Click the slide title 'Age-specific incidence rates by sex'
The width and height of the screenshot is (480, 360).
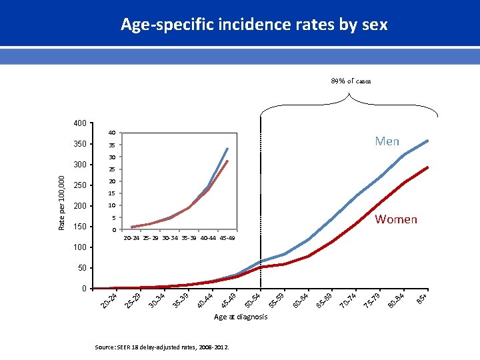254,25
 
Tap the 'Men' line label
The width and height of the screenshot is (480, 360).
387,141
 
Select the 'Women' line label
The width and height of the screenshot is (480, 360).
396,219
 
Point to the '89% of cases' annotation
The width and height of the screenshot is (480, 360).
351,81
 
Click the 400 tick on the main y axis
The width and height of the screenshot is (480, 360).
79,123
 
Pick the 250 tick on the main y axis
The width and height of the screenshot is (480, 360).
79,185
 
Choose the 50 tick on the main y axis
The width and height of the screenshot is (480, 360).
82,268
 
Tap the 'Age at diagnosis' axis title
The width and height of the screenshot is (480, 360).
241,317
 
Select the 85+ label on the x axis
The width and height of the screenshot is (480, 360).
422,299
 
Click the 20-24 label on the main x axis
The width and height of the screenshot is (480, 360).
109,300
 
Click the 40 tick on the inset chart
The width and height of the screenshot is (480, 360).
113,133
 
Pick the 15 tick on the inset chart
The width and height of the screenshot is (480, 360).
113,193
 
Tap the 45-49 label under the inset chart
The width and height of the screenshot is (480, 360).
226,238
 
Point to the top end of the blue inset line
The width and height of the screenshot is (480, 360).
228,148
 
